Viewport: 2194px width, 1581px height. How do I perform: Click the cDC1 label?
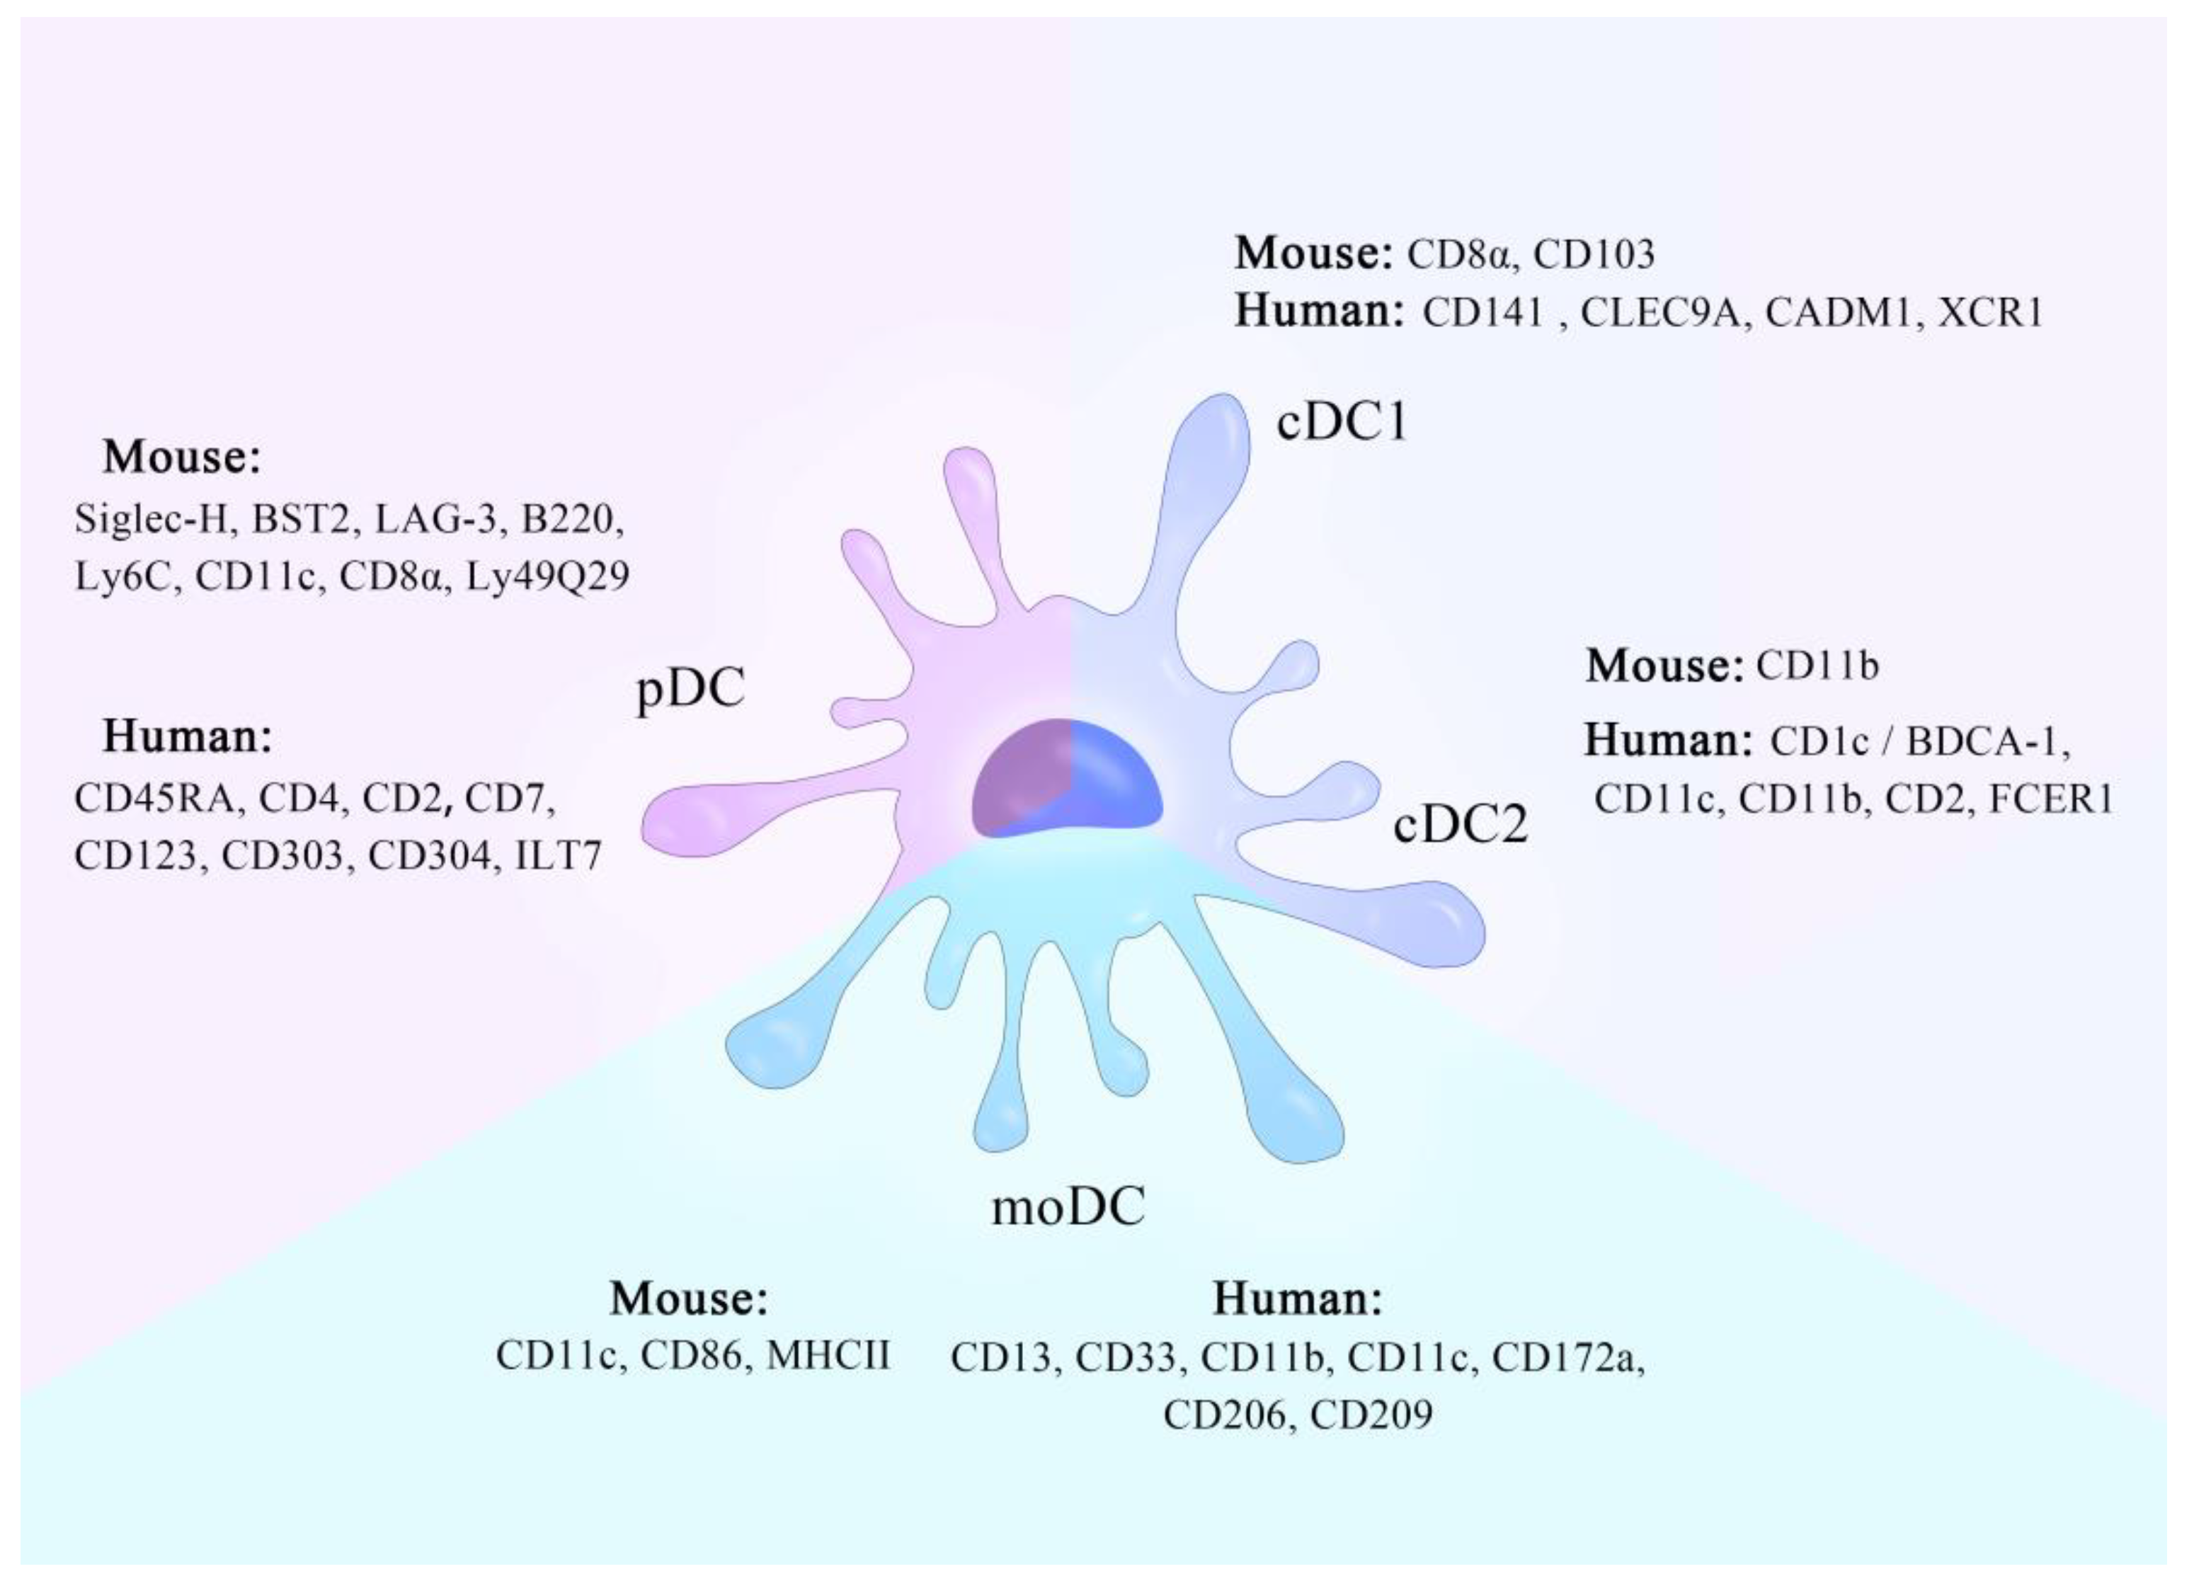click(x=1341, y=422)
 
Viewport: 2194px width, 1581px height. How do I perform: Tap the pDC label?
click(x=690, y=689)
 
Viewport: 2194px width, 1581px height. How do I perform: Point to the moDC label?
click(x=1068, y=1206)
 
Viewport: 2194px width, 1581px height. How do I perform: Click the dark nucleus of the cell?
click(x=1066, y=780)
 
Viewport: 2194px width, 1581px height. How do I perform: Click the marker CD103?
click(x=1594, y=254)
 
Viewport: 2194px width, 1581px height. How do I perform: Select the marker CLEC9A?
click(x=1660, y=312)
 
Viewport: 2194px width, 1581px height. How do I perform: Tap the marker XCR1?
click(x=1990, y=312)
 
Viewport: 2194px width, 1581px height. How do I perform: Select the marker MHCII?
click(x=828, y=1357)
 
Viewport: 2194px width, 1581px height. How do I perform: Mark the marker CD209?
click(x=1371, y=1415)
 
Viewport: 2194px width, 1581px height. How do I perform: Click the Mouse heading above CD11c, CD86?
click(x=688, y=1299)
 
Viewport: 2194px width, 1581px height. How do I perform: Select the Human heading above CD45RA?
click(x=188, y=736)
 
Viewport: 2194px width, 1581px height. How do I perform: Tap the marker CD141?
click(x=1483, y=312)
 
